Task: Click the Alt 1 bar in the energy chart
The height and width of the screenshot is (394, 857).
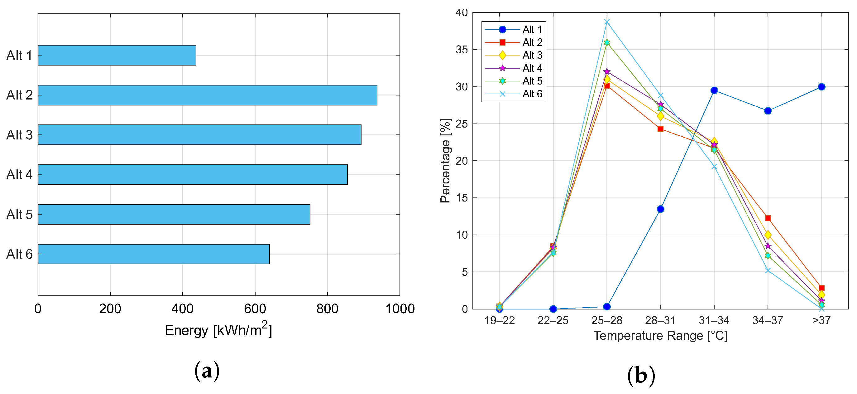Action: coord(117,55)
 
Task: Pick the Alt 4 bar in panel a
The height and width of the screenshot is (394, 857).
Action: coord(193,174)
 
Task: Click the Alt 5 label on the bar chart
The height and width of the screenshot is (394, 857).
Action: coord(19,215)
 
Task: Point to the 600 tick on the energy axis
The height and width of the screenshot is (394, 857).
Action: coord(255,309)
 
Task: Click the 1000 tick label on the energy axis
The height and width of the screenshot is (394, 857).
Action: coord(400,309)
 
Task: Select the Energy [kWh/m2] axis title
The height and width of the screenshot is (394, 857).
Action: coord(218,330)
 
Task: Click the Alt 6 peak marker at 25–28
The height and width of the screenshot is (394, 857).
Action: coord(607,22)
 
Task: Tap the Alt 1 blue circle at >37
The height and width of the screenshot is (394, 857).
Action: coord(821,87)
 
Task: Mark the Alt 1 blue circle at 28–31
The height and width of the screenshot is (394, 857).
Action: coord(660,209)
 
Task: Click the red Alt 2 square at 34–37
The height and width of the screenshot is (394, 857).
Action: coord(768,218)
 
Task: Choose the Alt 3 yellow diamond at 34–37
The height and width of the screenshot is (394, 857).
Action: coord(768,235)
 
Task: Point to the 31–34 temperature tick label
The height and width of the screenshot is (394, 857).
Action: coord(714,320)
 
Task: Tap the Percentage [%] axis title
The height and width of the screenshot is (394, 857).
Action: coord(445,161)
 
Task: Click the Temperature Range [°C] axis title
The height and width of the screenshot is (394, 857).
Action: coord(660,336)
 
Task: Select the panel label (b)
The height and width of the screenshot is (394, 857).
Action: coord(641,375)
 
